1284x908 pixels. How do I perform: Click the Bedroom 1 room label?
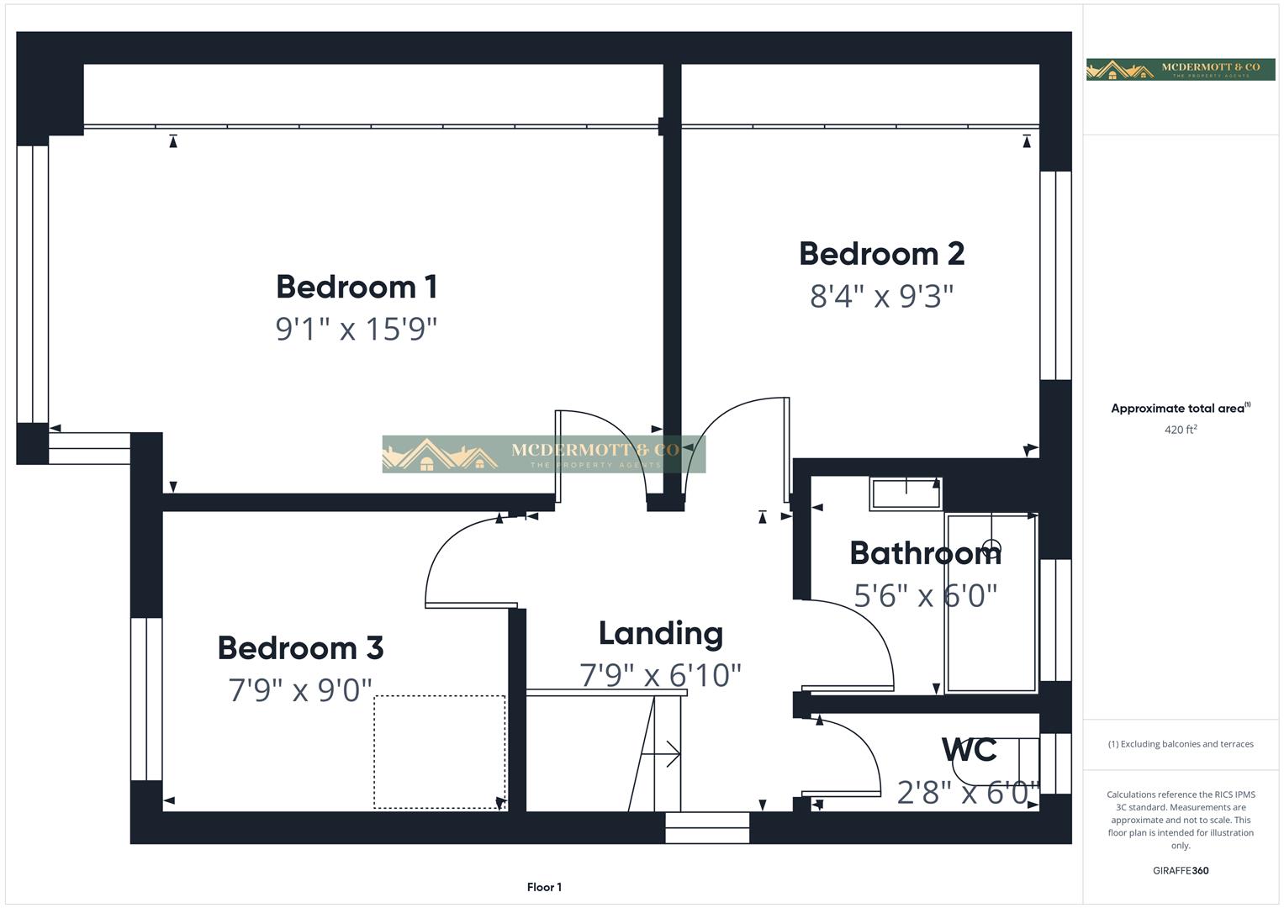click(x=357, y=287)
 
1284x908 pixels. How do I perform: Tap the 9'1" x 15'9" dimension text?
click(x=357, y=329)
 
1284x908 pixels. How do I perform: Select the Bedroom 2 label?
click(x=881, y=253)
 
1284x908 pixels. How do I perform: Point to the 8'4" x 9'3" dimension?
click(x=881, y=296)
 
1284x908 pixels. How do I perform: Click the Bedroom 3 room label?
click(x=300, y=648)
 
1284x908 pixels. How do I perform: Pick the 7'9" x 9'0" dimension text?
click(x=300, y=690)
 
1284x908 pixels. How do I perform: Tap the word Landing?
click(x=660, y=633)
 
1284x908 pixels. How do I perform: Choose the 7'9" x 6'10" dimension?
click(x=660, y=675)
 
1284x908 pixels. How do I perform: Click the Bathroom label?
click(x=925, y=553)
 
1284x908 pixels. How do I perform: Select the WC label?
click(x=970, y=749)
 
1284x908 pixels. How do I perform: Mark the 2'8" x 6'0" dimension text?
click(x=968, y=792)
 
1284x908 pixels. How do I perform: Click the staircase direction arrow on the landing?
click(x=662, y=754)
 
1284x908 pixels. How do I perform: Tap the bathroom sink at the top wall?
click(x=906, y=494)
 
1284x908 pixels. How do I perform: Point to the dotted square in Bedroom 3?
click(x=439, y=752)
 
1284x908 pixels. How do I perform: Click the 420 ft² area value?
click(x=1181, y=430)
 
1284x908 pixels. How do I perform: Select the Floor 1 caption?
click(x=544, y=887)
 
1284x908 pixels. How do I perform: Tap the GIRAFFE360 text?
click(x=1181, y=870)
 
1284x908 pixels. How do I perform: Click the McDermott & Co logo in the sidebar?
click(x=1181, y=70)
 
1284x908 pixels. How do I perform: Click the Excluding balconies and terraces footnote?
click(x=1181, y=744)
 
